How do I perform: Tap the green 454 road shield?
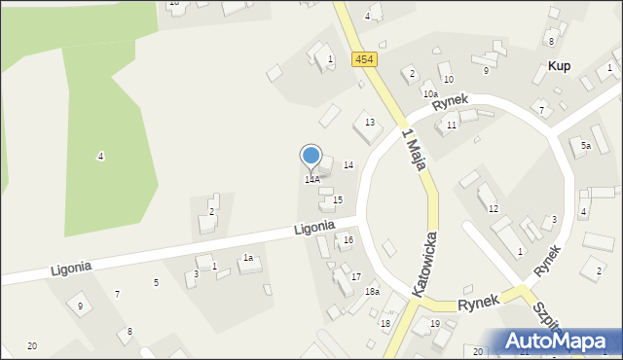tap(364, 59)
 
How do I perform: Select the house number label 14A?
tap(311, 180)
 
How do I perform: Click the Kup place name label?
tap(559, 65)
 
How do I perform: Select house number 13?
tap(369, 122)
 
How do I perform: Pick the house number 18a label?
tap(372, 292)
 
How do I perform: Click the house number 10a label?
tap(429, 93)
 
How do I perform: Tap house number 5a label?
tap(586, 145)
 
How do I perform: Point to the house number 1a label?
tap(248, 258)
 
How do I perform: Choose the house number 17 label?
tap(356, 277)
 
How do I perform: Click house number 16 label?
tap(348, 239)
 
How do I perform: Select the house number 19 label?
tap(435, 323)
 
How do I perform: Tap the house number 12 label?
tap(494, 209)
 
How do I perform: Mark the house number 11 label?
tap(451, 126)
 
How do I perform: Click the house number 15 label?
tap(337, 199)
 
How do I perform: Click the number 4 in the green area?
tap(100, 157)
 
